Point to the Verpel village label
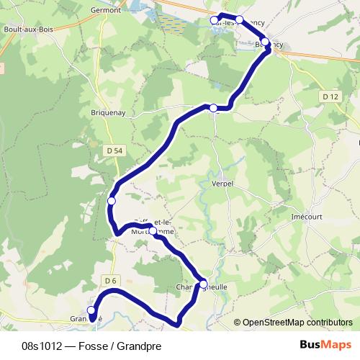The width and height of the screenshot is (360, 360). coord(223,184)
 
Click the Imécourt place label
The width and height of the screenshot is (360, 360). coord(306,215)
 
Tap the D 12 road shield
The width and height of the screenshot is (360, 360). coord(330,96)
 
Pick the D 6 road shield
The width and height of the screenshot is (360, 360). coord(109,280)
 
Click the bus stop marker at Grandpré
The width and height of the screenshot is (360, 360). coord(91,310)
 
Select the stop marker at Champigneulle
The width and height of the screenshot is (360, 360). coord(203,283)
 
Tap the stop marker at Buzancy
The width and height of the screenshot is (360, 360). coord(266,42)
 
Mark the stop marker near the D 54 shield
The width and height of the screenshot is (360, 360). coord(111,200)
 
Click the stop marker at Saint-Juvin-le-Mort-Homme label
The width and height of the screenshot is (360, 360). coord(153,230)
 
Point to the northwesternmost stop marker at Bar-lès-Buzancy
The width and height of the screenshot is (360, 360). coord(215,20)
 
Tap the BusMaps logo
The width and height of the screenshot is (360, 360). coord(326,345)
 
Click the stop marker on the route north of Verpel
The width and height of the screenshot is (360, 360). coord(213,108)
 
